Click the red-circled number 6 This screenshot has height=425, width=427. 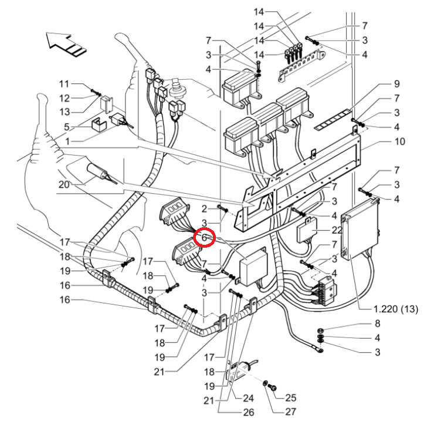tap(204, 238)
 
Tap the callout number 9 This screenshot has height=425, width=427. tap(396, 84)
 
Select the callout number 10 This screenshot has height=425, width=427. tap(399, 141)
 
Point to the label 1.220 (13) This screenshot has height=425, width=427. tap(396, 309)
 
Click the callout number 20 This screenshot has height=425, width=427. tap(64, 184)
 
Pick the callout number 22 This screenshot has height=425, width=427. tap(337, 230)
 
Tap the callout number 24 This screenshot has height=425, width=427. tap(248, 398)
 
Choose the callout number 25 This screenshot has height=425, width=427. tap(290, 398)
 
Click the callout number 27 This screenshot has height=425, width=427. tap(290, 411)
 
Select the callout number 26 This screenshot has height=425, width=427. tap(249, 412)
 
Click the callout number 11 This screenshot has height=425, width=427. tap(65, 84)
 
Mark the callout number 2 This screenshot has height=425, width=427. tap(204, 209)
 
